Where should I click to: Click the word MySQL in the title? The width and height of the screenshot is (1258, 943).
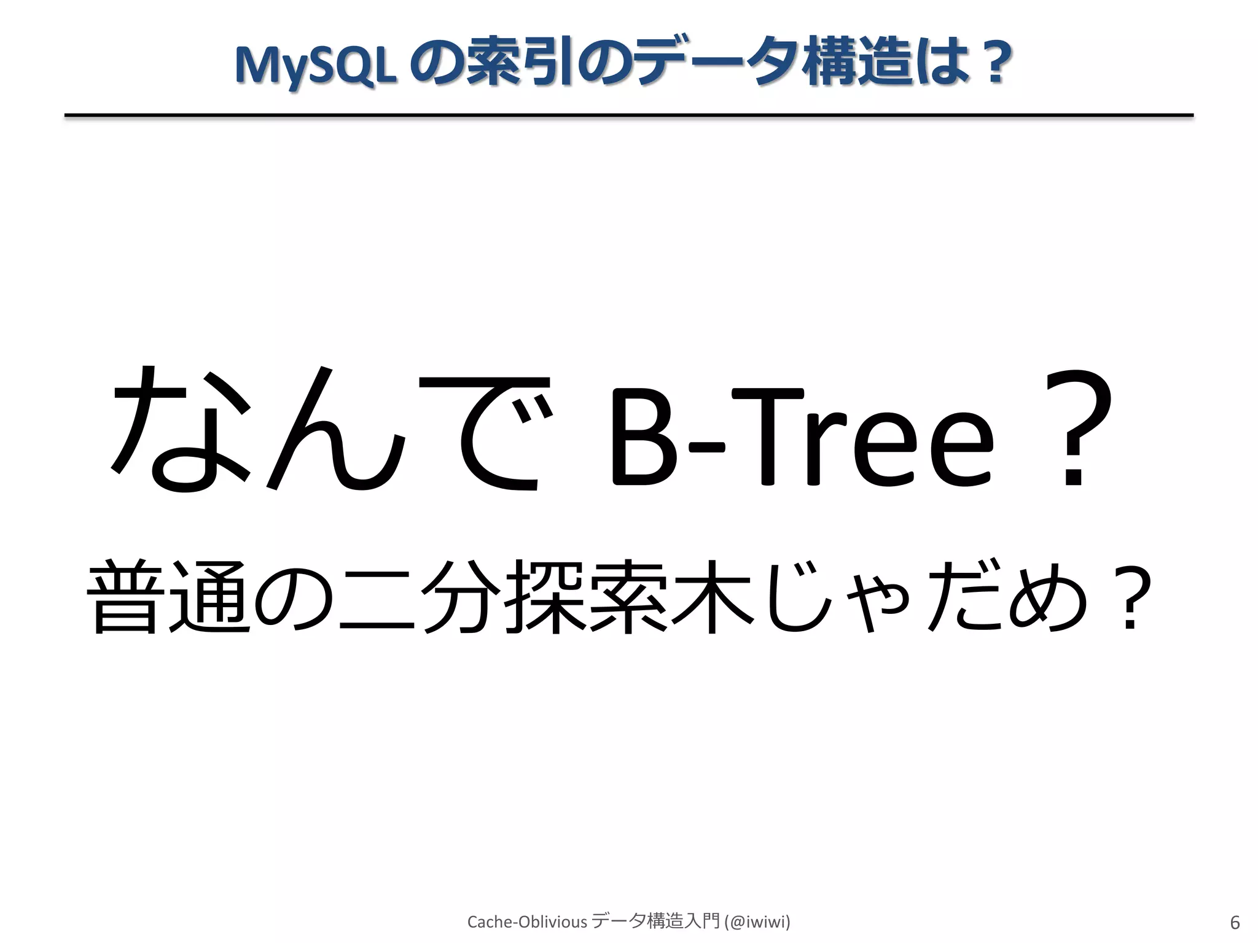coord(314,65)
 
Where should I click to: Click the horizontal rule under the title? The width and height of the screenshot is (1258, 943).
coord(629,115)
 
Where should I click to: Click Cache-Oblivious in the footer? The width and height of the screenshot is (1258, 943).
coord(527,922)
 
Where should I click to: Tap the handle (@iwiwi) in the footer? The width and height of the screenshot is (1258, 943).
coord(757,922)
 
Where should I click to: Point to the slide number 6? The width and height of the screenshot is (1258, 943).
coord(1235,923)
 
